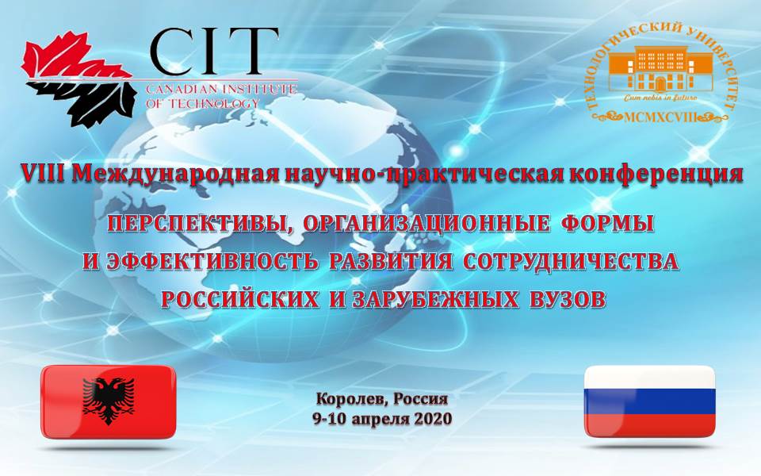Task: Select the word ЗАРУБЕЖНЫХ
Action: click(422, 300)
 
